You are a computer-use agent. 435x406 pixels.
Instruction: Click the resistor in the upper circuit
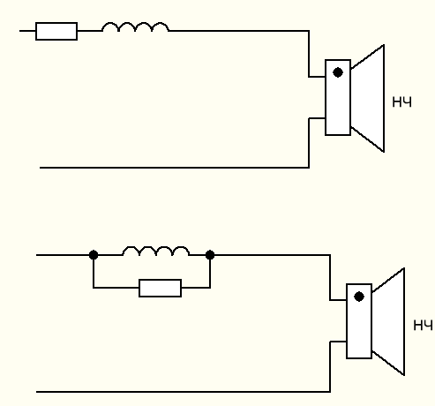tap(56, 31)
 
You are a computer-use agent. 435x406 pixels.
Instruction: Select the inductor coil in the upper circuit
tap(135, 26)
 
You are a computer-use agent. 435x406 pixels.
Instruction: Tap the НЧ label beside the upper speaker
tap(401, 102)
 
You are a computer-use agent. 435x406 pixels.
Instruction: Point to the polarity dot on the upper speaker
tap(338, 72)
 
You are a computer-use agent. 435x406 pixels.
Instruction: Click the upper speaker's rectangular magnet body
tap(338, 97)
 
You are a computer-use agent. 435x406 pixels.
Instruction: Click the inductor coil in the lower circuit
tap(156, 251)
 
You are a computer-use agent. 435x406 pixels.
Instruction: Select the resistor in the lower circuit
tap(160, 288)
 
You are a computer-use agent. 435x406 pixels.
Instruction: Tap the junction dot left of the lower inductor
tap(94, 255)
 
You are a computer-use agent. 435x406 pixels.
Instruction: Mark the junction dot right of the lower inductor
tap(210, 255)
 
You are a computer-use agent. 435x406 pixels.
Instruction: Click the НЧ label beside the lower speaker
tap(423, 326)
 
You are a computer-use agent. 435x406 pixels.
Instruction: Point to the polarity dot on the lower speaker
tap(359, 297)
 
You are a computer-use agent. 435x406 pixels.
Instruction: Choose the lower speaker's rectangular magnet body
tap(359, 321)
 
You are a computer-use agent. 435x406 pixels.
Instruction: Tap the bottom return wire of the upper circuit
tap(175, 168)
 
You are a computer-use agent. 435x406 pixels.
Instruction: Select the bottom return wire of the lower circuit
tap(184, 392)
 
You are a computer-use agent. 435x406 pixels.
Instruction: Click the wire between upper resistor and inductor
tap(90, 31)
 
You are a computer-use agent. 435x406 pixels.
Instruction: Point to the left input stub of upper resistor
tap(27, 31)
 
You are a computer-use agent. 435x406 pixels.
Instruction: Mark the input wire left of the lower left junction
tap(63, 255)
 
